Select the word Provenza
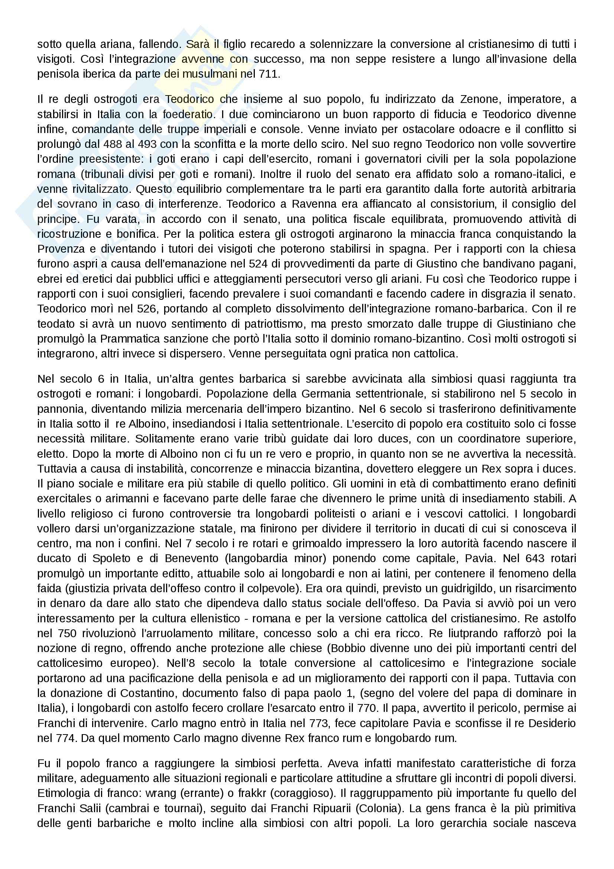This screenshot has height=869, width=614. (x=61, y=249)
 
